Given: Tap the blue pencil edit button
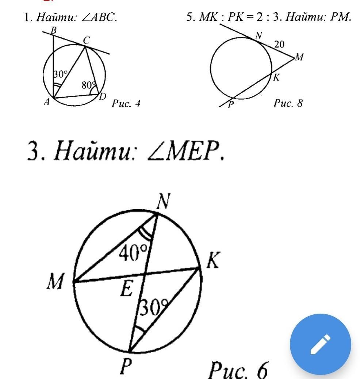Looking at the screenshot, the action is tap(320, 344).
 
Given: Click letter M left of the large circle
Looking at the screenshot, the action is tap(55, 282).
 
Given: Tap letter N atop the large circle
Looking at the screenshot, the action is tap(164, 201).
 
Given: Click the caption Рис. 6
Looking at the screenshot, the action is tap(238, 370).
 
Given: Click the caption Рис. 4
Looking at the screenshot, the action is tap(126, 104).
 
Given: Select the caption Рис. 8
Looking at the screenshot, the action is tap(288, 103).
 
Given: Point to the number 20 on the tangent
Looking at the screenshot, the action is tap(279, 45).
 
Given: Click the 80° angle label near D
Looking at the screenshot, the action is tap(89, 85).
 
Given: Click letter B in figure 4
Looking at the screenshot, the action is tap(53, 31).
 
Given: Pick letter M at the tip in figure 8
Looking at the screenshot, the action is tap(299, 57).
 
